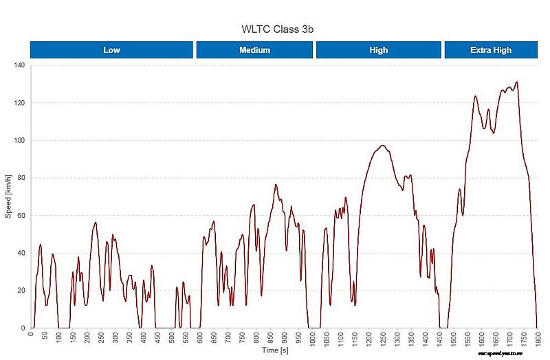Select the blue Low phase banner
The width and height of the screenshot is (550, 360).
tap(111, 50)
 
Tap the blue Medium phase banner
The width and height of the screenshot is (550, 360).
tap(254, 50)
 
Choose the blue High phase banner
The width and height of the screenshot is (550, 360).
tap(378, 50)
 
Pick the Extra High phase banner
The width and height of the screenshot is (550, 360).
tap(491, 50)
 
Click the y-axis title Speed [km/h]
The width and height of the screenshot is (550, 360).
tap(8, 196)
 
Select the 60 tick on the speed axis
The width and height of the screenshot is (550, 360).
tap(21, 216)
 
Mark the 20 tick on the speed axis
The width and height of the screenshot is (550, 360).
tap(21, 291)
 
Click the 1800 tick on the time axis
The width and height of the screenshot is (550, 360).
tap(538, 339)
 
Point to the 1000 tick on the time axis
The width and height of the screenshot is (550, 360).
tap(313, 339)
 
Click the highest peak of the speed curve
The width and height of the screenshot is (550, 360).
tap(516, 82)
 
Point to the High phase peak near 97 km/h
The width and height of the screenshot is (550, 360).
tap(382, 146)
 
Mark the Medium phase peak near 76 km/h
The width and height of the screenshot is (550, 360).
tap(276, 185)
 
